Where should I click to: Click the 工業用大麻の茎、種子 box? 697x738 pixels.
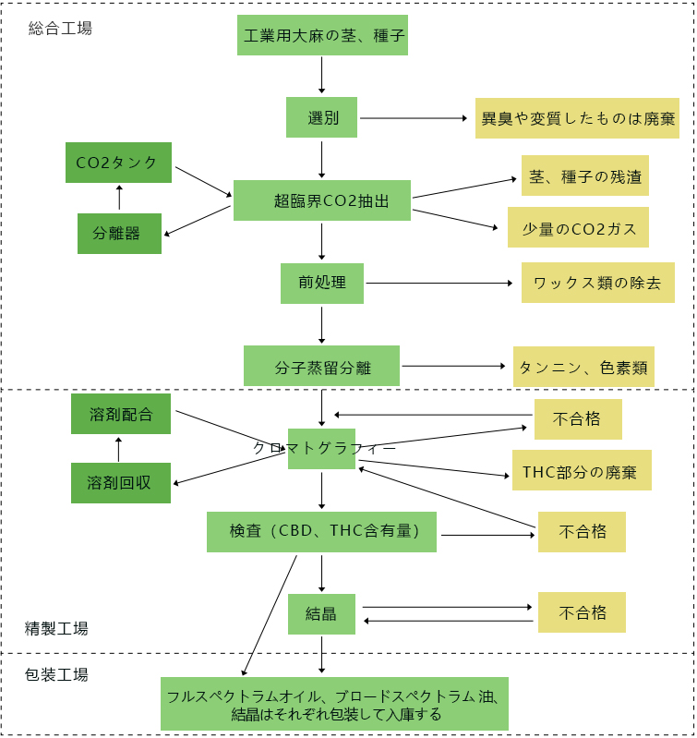pyautogui.click(x=321, y=37)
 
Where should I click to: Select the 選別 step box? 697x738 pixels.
pyautogui.click(x=321, y=117)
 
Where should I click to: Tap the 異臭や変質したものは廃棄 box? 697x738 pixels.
pyautogui.click(x=577, y=118)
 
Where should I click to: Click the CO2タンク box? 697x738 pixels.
pyautogui.click(x=118, y=163)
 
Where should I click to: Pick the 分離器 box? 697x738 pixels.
pyautogui.click(x=119, y=234)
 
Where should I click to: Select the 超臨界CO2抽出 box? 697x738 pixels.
pyautogui.click(x=321, y=200)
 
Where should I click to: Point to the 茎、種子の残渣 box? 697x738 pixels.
pyautogui.click(x=584, y=175)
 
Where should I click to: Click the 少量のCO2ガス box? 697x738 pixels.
pyautogui.click(x=578, y=227)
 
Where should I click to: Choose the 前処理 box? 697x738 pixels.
pyautogui.click(x=321, y=283)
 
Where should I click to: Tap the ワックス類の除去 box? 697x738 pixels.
pyautogui.click(x=597, y=283)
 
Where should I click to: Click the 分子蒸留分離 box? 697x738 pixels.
pyautogui.click(x=321, y=366)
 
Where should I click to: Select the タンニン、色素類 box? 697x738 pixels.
pyautogui.click(x=583, y=367)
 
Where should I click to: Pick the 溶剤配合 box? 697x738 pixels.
pyautogui.click(x=121, y=414)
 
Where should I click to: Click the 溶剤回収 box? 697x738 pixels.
pyautogui.click(x=121, y=483)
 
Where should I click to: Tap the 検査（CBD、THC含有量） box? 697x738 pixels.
pyautogui.click(x=321, y=532)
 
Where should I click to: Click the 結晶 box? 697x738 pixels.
pyautogui.click(x=321, y=614)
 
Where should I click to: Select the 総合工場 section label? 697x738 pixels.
pyautogui.click(x=60, y=29)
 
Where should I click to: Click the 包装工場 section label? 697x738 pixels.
pyautogui.click(x=56, y=674)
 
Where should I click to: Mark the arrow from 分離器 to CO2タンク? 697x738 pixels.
pyautogui.click(x=119, y=198)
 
